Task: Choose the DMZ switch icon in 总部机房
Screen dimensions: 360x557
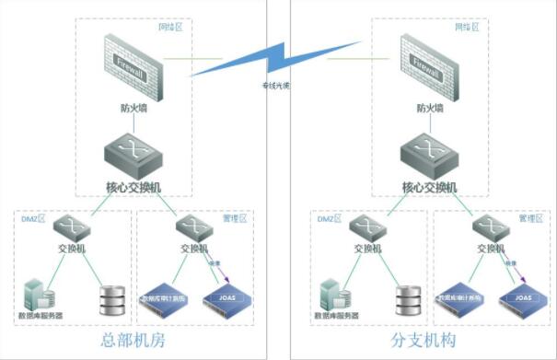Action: pos(70,227)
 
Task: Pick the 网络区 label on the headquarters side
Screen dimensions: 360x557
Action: pos(170,29)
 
